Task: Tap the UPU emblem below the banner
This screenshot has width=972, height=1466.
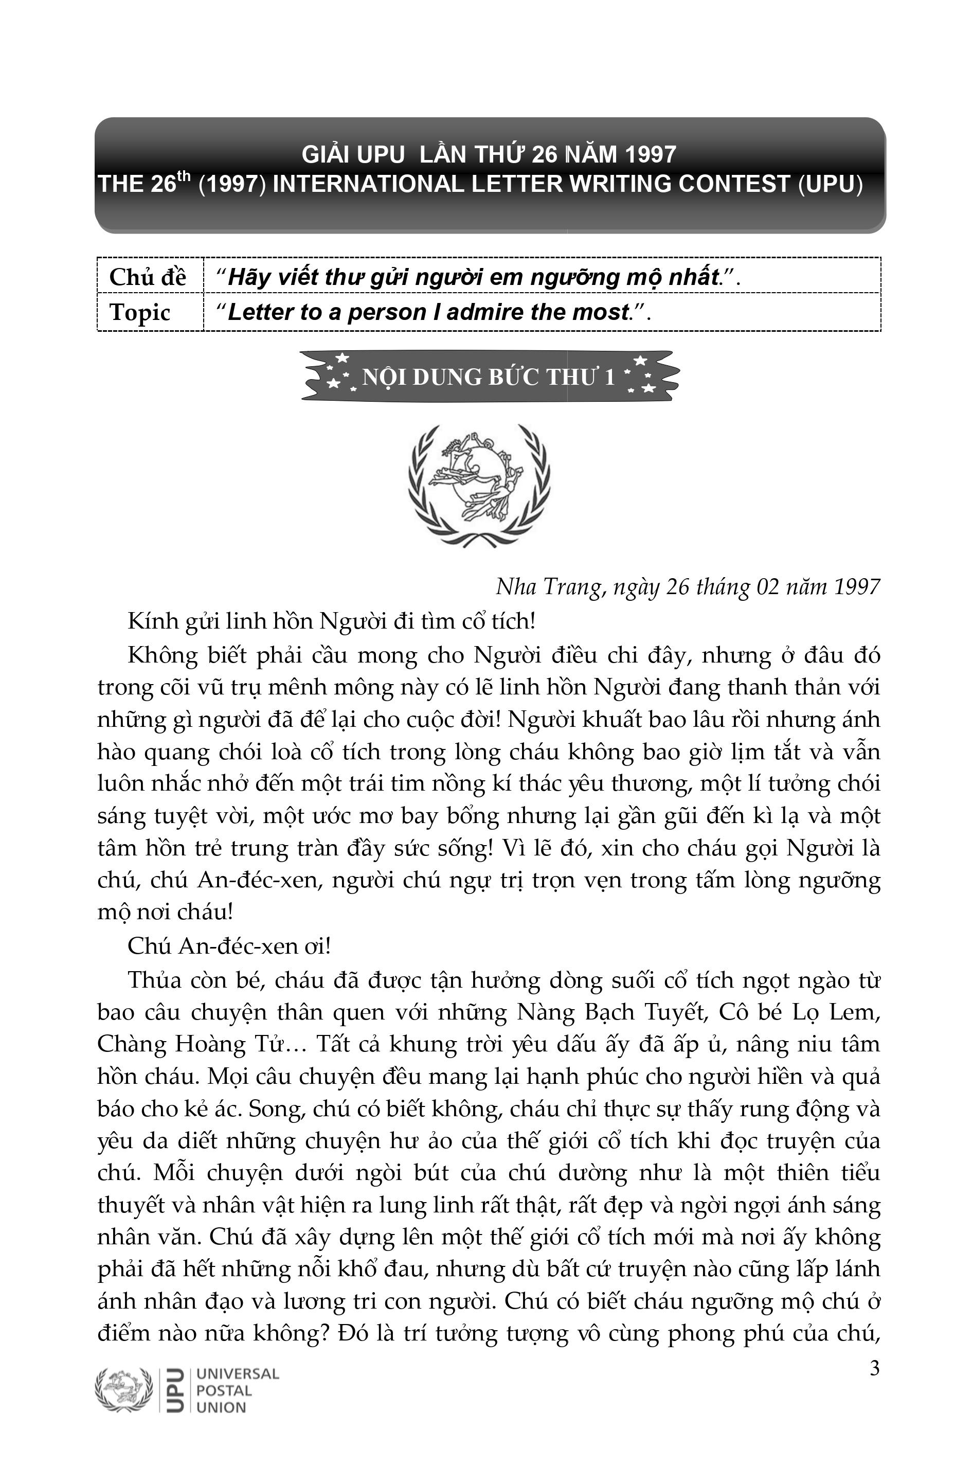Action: [479, 485]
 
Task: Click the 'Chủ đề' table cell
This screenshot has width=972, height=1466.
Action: [148, 276]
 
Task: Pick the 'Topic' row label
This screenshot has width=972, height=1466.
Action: [140, 312]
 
